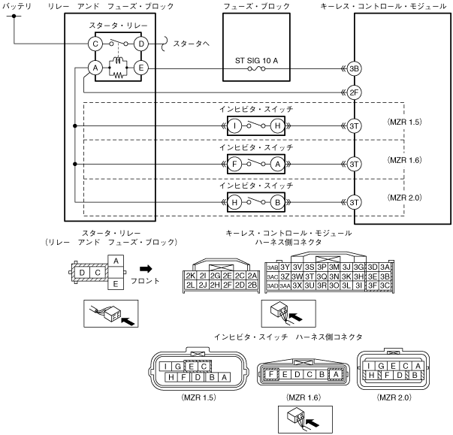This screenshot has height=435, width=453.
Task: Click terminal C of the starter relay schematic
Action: point(95,44)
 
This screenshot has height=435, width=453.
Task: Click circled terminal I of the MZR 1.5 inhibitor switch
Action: point(235,125)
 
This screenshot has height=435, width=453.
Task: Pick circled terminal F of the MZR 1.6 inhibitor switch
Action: point(235,163)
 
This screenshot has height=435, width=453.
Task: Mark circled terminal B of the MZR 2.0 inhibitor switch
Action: point(278,201)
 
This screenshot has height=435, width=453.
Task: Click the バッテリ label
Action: point(17,6)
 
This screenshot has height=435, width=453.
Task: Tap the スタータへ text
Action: point(192,44)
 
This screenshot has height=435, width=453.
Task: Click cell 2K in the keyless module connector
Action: point(190,276)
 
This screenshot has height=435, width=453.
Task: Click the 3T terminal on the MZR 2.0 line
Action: point(355,201)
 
